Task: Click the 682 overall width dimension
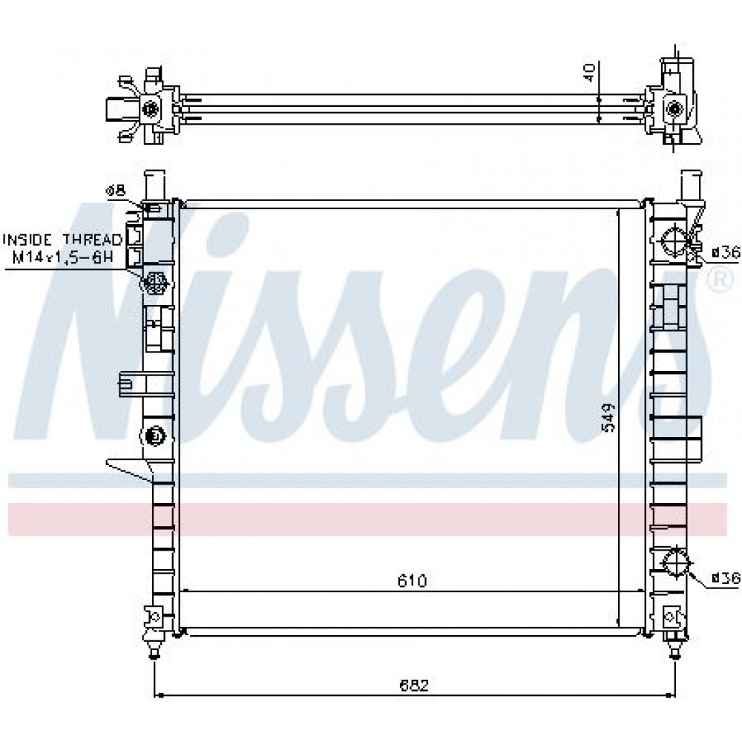pos(414,686)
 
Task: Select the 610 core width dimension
pos(412,581)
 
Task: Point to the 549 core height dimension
pos(608,417)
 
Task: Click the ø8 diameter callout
pos(115,190)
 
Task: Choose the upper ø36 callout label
pos(726,253)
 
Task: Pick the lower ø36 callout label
pos(726,578)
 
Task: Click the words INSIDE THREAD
pos(62,240)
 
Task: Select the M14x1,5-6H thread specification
pos(62,258)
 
